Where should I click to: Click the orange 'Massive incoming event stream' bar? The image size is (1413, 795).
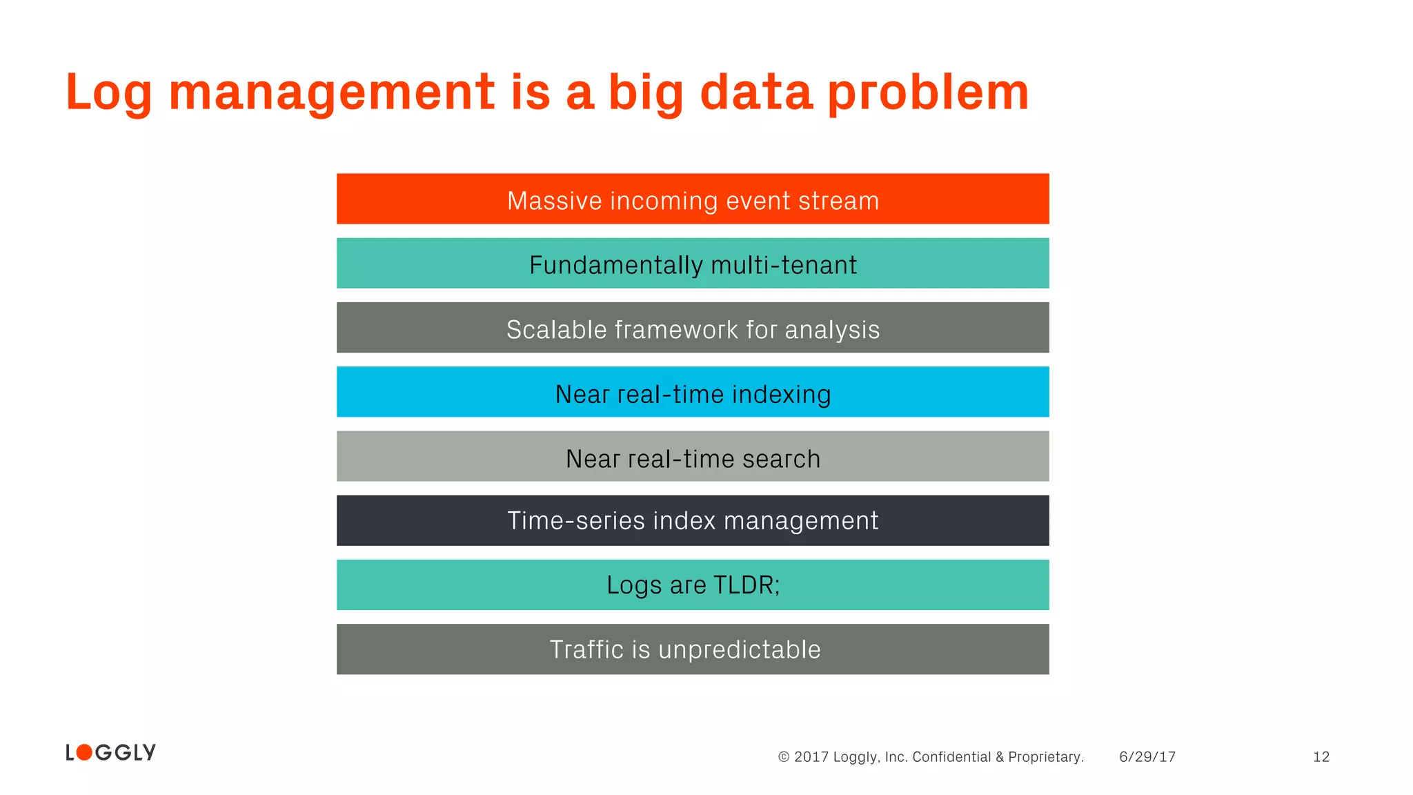click(693, 199)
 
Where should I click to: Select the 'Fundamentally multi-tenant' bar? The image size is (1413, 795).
click(693, 263)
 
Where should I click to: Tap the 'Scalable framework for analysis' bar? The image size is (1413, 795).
click(693, 328)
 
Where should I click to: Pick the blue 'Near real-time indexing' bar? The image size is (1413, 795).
click(693, 392)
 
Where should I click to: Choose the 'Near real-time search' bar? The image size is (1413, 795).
click(693, 456)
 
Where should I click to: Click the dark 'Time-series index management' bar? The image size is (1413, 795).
click(693, 520)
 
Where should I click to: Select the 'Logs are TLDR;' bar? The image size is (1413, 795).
click(693, 585)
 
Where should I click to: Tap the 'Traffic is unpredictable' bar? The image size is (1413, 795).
click(693, 649)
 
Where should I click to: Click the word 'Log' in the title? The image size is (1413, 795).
click(108, 93)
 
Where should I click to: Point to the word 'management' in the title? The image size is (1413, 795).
click(332, 93)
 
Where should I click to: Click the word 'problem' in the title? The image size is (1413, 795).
click(928, 93)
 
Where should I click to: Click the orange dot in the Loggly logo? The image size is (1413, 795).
click(84, 752)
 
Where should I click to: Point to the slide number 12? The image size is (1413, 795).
click(1321, 757)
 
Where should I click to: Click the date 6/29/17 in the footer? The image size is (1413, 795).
click(1147, 757)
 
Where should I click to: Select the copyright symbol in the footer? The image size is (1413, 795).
click(784, 757)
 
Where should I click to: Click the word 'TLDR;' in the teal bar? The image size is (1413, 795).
click(747, 585)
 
